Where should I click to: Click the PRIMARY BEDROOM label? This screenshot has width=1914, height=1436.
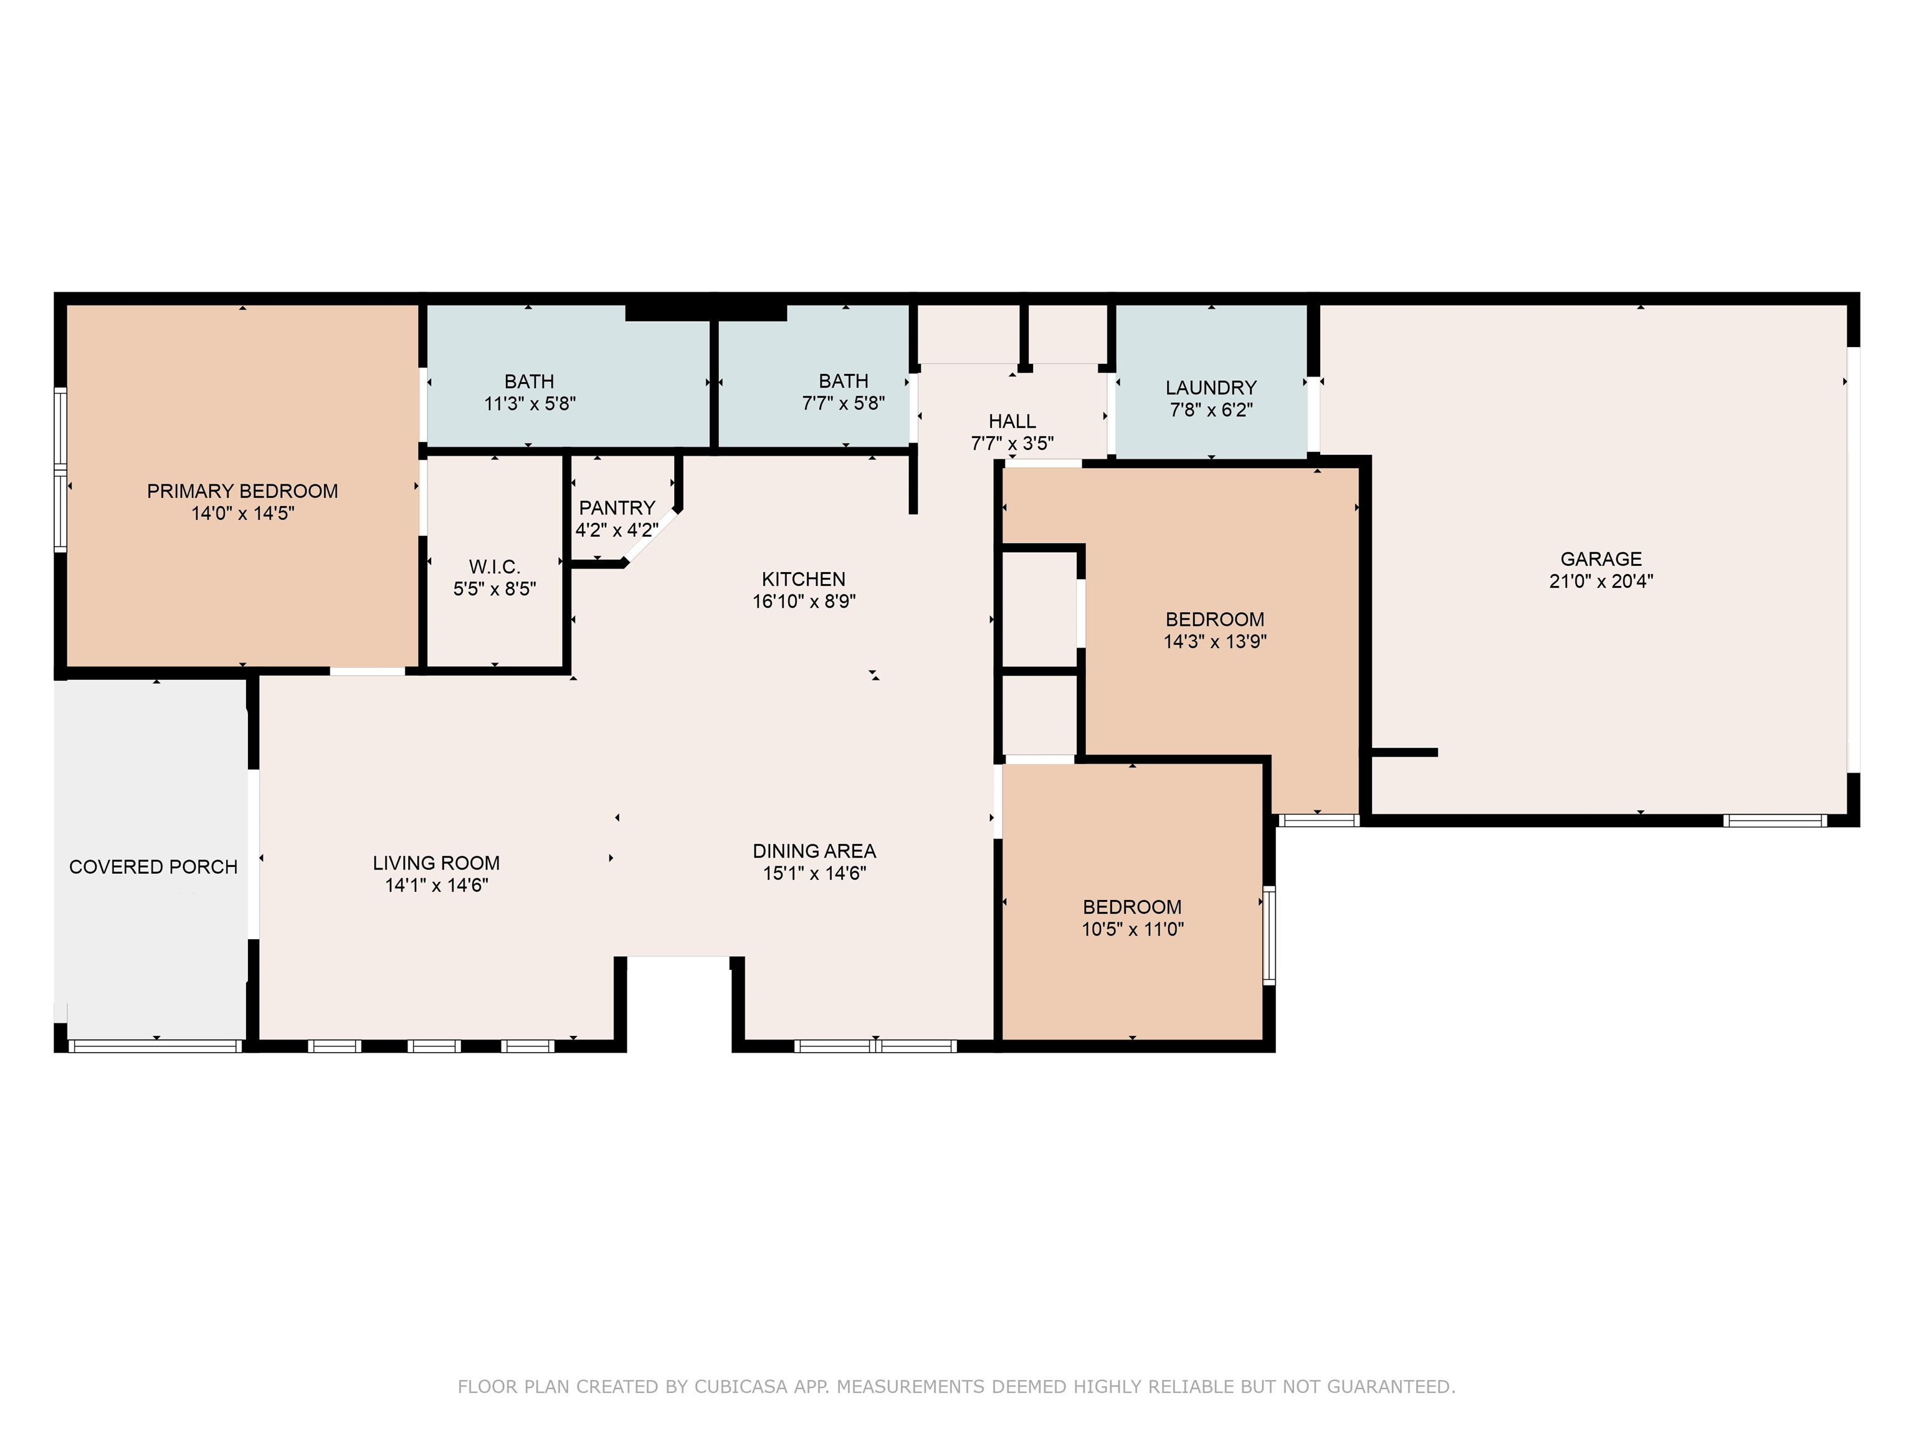point(242,492)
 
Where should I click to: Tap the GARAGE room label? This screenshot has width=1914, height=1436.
point(1601,559)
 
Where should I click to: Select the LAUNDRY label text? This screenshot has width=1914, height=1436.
point(1211,388)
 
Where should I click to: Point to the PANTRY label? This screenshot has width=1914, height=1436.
point(617,508)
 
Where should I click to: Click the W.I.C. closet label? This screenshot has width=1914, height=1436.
point(494,567)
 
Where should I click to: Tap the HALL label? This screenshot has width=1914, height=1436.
point(1012,421)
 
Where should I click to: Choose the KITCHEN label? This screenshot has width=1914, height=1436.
point(804,579)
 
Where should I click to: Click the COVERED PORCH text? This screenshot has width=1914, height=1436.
point(153,868)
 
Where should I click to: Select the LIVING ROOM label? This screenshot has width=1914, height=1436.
point(436,863)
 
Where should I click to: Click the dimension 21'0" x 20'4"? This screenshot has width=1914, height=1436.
point(1601,582)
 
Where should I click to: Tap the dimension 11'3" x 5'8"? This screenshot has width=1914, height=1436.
point(530,403)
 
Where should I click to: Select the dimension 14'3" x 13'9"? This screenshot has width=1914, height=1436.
point(1215,641)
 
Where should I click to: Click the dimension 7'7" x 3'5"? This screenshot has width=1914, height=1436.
point(1012,444)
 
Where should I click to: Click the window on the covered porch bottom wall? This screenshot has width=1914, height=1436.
point(155,1046)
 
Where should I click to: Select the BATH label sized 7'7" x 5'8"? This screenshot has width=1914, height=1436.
point(844,381)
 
